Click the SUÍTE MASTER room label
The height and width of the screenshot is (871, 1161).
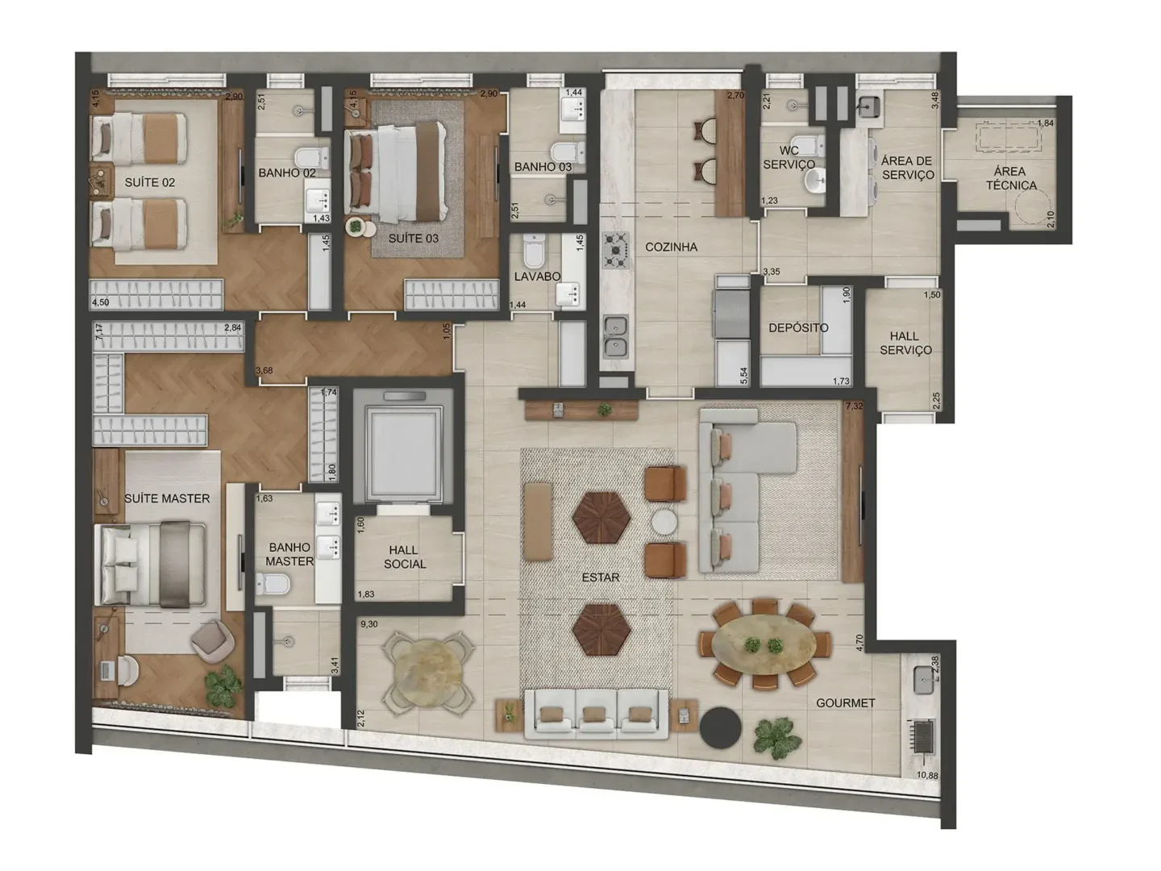pos(167,498)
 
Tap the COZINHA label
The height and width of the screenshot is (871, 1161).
pos(671,247)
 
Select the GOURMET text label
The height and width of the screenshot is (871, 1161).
pos(845,702)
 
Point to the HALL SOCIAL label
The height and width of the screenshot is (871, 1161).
pos(404,557)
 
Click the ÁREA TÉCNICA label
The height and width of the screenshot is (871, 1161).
pos(1010,178)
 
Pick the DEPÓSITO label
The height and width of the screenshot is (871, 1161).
pos(797,327)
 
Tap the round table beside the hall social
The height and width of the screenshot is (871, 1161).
pos(427,674)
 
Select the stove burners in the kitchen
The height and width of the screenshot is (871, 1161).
pos(617,251)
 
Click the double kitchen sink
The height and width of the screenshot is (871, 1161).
pos(616,337)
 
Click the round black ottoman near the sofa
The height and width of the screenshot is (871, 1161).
pos(720,728)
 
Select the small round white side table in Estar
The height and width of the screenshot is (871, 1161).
pos(665,523)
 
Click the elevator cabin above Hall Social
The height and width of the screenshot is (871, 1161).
pos(403,452)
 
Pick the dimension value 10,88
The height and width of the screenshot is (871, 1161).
pos(926,776)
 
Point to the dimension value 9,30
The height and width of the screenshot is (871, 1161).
pos(369,624)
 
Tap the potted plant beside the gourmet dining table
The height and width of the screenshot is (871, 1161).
pos(777,737)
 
